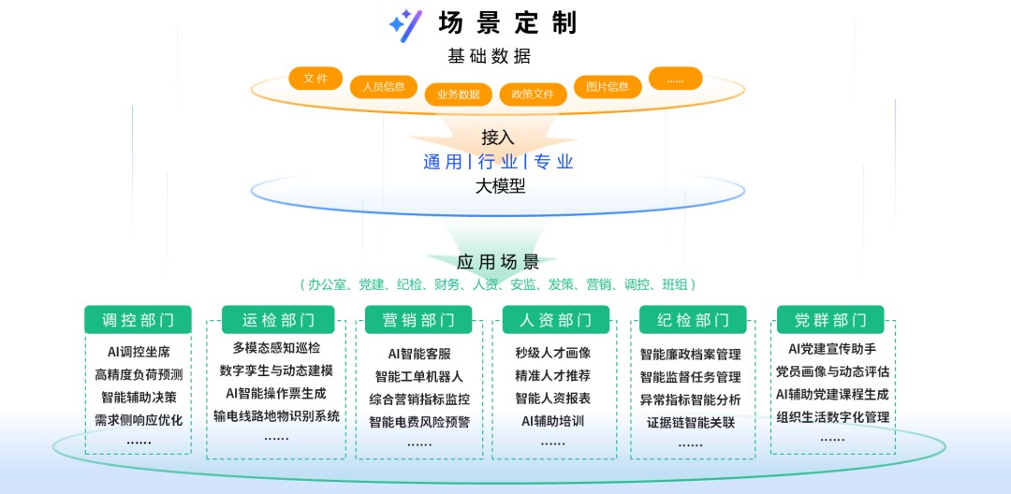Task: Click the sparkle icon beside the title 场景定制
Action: [x=404, y=22]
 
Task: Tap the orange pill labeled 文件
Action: [x=315, y=79]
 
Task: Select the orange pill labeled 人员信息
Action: [x=384, y=87]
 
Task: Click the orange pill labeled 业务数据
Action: [x=458, y=94]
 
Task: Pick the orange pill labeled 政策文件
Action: [x=533, y=94]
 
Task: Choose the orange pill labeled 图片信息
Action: [x=608, y=87]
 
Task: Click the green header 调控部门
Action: [x=138, y=320]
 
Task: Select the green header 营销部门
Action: [x=418, y=320]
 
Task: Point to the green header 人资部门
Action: [x=556, y=320]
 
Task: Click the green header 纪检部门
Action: [x=693, y=320]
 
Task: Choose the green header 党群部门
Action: [x=830, y=320]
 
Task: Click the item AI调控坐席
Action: [x=139, y=353]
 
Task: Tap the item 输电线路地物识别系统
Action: [x=276, y=416]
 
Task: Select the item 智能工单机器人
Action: [x=419, y=376]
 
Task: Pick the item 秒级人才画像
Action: [x=553, y=353]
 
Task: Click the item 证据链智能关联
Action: [x=691, y=422]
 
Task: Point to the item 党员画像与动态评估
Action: [x=832, y=371]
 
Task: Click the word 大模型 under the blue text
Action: [x=500, y=186]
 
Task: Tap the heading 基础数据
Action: [x=489, y=56]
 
